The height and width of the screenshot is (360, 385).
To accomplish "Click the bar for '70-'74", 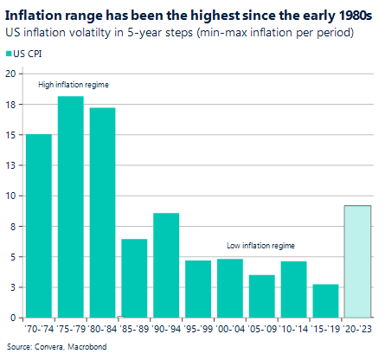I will (39, 226).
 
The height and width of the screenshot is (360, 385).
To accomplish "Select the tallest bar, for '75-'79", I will (71, 207).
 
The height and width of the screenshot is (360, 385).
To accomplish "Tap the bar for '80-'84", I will (103, 212).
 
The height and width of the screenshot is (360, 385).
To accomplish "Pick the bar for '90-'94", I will (166, 265).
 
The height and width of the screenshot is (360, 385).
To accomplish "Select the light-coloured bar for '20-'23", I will (357, 260).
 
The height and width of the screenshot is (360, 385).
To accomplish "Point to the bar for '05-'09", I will (261, 296).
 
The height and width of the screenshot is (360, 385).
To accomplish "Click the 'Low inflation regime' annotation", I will (261, 246).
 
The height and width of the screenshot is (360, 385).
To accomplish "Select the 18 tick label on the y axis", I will (10, 104).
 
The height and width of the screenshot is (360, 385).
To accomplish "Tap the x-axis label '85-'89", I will (134, 331).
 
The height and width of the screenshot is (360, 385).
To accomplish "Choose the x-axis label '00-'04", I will (229, 331).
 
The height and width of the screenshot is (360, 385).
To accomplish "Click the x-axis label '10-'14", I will (293, 331).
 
